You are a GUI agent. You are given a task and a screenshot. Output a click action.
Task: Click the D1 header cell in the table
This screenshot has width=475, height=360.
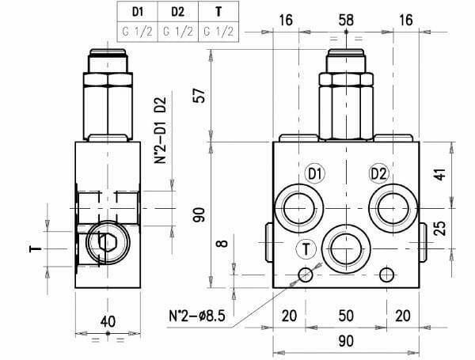pyautogui.click(x=139, y=13)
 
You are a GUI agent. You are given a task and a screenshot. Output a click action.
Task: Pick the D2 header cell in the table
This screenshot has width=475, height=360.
pyautogui.click(x=178, y=13)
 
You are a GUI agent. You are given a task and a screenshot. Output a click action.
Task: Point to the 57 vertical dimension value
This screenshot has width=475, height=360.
pyautogui.click(x=200, y=95)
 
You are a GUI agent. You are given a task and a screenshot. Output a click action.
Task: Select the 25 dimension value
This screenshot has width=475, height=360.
pyautogui.click(x=440, y=229)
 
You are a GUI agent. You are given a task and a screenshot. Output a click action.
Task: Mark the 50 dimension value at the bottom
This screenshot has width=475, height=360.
pyautogui.click(x=345, y=316)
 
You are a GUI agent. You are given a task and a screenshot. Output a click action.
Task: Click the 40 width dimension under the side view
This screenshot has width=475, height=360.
pyautogui.click(x=108, y=322)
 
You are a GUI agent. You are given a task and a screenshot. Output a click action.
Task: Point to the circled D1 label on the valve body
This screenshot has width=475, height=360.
pyautogui.click(x=314, y=174)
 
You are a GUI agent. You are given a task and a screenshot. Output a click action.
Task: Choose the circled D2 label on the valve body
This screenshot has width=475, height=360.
pyautogui.click(x=378, y=174)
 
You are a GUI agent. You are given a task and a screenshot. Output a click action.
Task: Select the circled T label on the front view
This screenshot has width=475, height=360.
pyautogui.click(x=306, y=248)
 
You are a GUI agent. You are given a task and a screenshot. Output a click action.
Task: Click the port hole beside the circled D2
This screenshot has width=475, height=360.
pyautogui.click(x=393, y=207)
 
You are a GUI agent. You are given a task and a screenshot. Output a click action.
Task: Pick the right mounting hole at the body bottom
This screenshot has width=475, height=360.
pyautogui.click(x=386, y=275)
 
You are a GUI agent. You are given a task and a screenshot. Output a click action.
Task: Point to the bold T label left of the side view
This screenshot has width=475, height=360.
pyautogui.click(x=36, y=248)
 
